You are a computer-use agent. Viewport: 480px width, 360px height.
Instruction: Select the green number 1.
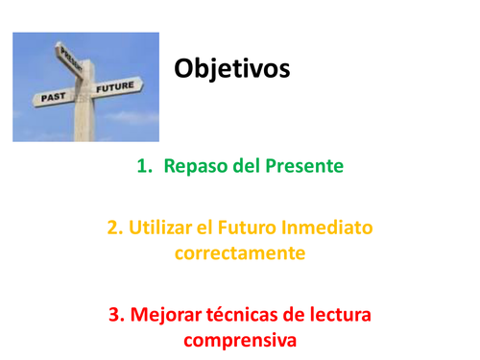[145, 167]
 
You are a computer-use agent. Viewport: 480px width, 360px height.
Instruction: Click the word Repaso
[197, 167]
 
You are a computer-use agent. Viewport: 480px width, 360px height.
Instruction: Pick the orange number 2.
[115, 228]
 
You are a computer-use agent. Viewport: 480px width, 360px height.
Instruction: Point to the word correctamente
[240, 253]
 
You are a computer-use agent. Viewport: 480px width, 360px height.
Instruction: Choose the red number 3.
[114, 314]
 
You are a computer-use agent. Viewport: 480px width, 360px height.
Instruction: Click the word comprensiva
[240, 340]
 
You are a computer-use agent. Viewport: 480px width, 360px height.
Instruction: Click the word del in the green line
[248, 167]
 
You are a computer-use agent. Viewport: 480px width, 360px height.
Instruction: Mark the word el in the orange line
[207, 228]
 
